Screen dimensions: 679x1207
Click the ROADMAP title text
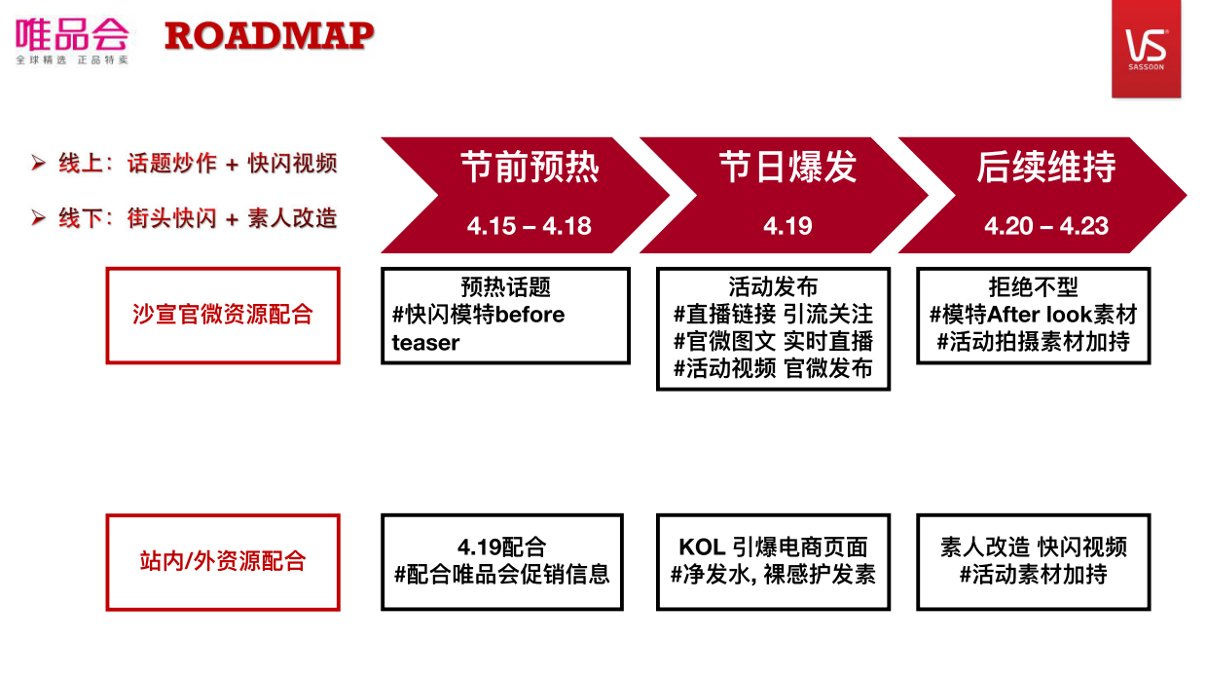270,36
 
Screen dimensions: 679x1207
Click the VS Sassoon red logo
1146,49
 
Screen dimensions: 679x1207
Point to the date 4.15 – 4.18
529,226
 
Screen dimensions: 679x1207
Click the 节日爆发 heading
787,168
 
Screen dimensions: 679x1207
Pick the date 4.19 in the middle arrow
787,226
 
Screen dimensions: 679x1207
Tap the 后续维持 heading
1045,168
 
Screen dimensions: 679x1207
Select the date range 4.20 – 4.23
1046,226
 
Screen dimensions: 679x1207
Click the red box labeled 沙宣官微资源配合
223,316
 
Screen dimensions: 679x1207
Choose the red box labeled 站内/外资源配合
223,561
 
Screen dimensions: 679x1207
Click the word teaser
425,343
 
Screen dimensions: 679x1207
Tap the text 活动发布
773,287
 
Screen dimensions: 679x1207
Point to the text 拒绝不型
1033,287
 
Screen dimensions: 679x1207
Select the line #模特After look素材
1033,315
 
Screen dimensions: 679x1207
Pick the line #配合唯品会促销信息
501,574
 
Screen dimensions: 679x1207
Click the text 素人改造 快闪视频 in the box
1033,547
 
